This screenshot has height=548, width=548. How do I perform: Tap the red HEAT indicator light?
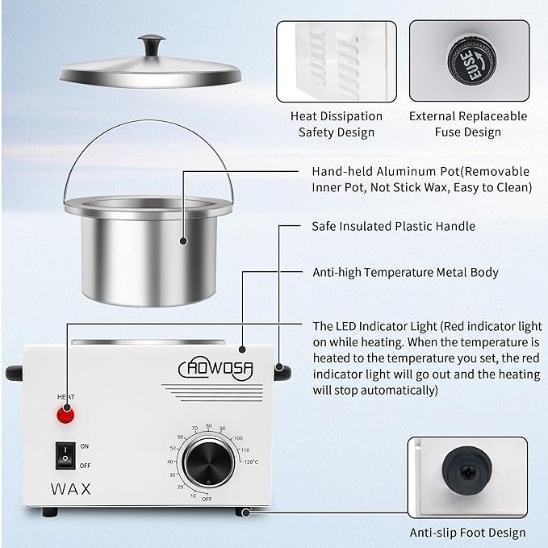pyautogui.click(x=65, y=416)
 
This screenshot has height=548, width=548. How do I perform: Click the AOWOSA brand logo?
pyautogui.click(x=215, y=370)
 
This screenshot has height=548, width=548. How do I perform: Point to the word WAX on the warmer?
pyautogui.click(x=70, y=488)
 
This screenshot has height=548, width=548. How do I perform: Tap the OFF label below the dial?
pyautogui.click(x=207, y=499)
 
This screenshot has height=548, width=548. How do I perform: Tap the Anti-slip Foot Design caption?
pyautogui.click(x=468, y=532)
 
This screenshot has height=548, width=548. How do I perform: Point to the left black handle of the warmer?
pyautogui.click(x=15, y=372)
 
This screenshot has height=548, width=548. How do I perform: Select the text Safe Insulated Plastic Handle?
pyautogui.click(x=393, y=227)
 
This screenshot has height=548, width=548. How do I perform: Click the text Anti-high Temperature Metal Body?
pyautogui.click(x=405, y=273)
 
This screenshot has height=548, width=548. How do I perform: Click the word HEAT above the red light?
pyautogui.click(x=65, y=396)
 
